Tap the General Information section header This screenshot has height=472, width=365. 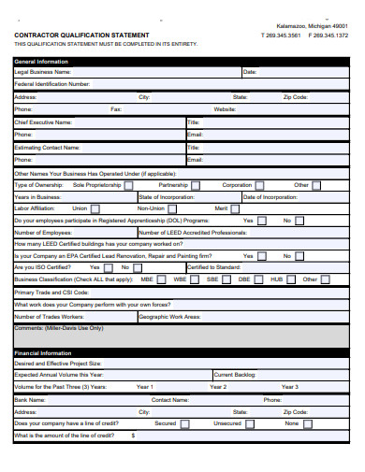[43, 61]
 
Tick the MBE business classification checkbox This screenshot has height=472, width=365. [163, 279]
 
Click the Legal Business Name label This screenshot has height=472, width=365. [42, 71]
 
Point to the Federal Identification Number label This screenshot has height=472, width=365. [51, 84]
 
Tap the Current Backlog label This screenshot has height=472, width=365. [233, 374]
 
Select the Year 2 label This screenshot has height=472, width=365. [217, 387]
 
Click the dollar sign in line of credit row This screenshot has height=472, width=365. [133, 436]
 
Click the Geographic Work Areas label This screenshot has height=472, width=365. [169, 317]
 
